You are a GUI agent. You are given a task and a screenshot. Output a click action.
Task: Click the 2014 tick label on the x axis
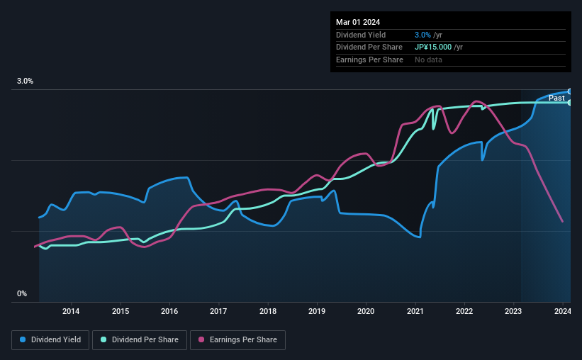point(71,310)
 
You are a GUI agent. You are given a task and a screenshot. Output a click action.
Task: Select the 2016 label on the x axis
point(169,310)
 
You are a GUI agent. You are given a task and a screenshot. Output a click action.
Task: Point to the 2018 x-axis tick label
point(268,310)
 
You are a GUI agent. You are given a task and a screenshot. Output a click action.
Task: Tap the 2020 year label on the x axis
point(366,310)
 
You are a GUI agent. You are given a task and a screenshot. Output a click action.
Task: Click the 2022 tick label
point(464,310)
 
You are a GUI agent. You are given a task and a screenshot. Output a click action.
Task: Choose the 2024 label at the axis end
point(562,310)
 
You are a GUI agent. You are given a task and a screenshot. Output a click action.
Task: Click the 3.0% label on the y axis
point(26,81)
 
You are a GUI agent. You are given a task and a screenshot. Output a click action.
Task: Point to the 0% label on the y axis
point(22,293)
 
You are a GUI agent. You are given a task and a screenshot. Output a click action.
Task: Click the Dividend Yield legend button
point(50,340)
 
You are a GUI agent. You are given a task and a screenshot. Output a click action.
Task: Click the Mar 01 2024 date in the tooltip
point(358,22)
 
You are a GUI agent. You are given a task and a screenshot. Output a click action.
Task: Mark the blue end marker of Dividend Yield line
point(569,91)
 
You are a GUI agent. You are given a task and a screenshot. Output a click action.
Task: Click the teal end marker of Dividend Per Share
point(569,103)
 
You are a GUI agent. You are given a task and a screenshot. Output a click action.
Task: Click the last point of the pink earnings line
point(562,222)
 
